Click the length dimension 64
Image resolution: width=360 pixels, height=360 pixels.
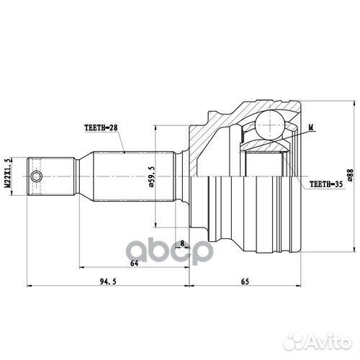click(133, 264)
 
